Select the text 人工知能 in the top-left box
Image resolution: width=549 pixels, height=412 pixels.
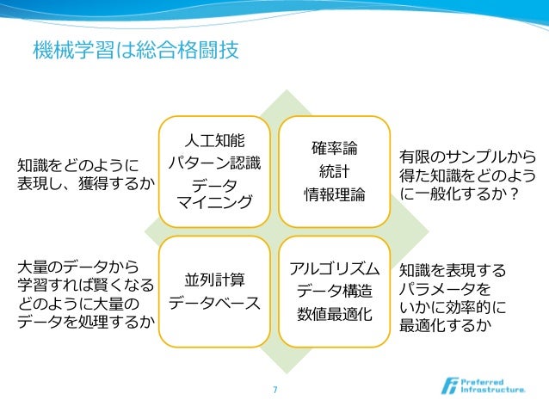(x=214, y=139)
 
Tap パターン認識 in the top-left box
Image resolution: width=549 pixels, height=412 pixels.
(x=214, y=162)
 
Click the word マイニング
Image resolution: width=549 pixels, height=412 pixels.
(x=214, y=202)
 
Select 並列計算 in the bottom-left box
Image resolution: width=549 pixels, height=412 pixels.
(x=214, y=280)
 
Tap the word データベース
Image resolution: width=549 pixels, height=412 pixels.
(x=214, y=303)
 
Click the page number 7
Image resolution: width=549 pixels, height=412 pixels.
(x=274, y=390)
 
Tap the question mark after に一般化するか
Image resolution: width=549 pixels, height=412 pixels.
(x=514, y=195)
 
